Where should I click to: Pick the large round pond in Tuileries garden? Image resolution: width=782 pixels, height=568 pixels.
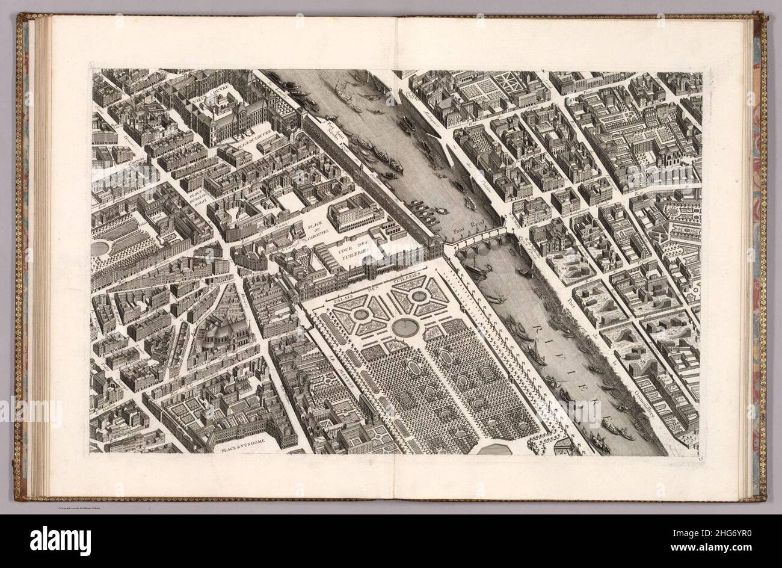[x=406, y=327]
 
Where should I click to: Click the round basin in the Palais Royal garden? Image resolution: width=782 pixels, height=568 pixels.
[x=100, y=248]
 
